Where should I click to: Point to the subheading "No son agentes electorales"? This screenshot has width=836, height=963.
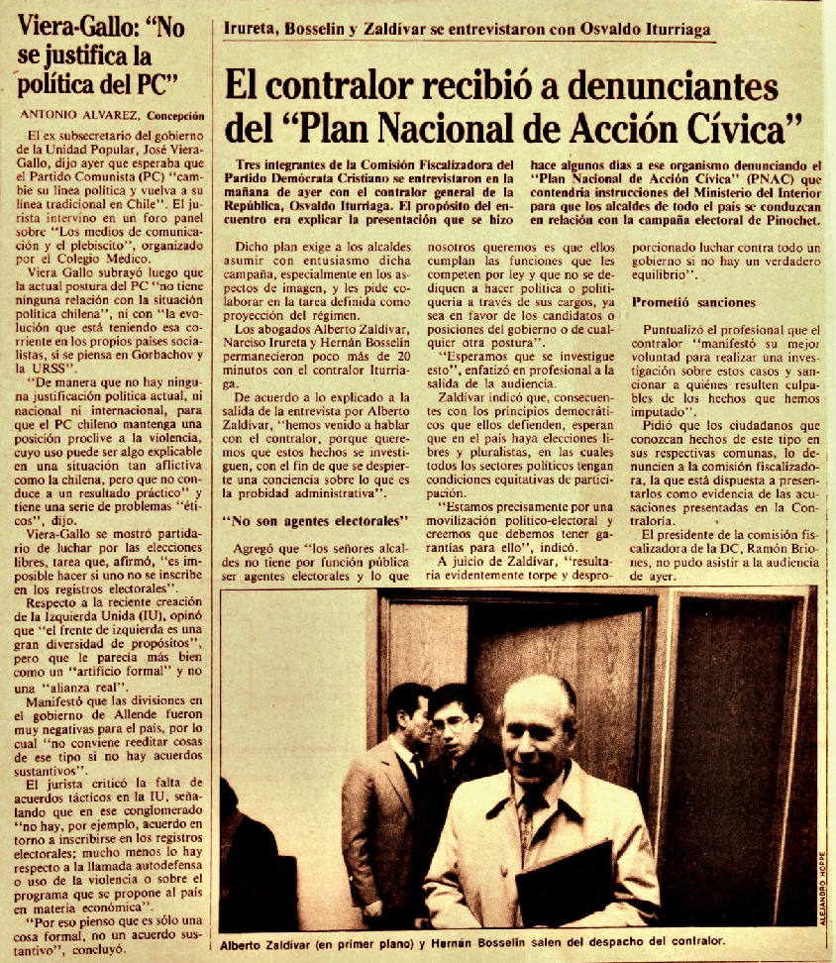pyautogui.click(x=316, y=518)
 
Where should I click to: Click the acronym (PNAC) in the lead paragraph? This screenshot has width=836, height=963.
pyautogui.click(x=710, y=179)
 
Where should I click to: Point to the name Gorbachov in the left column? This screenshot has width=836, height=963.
pyautogui.click(x=143, y=350)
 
